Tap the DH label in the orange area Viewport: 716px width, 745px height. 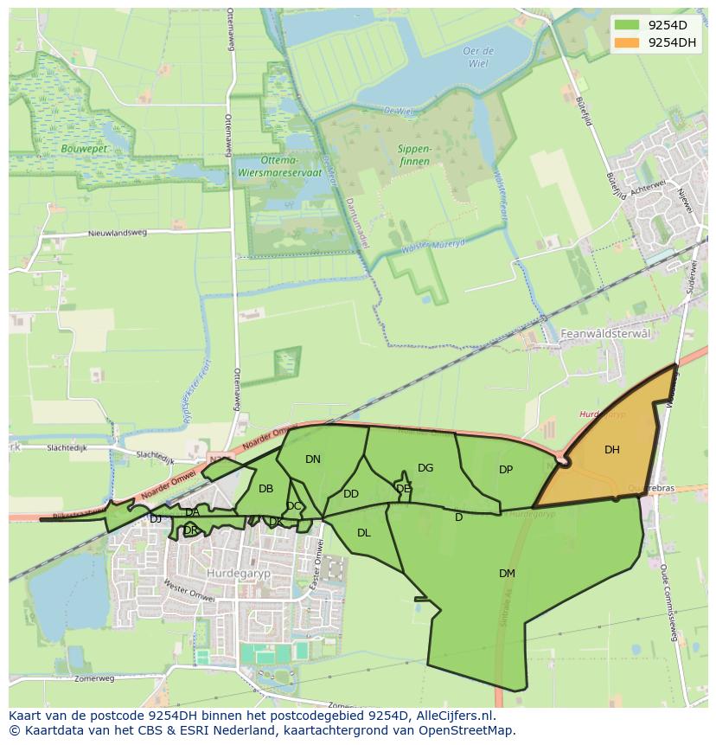point(611,450)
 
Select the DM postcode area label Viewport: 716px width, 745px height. point(507,574)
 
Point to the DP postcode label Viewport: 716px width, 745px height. point(506,470)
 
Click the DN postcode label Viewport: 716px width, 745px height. point(313,459)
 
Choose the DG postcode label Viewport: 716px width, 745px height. point(425,468)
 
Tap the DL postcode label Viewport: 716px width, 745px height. point(363,533)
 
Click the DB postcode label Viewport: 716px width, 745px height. point(265,489)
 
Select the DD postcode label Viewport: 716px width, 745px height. point(350,494)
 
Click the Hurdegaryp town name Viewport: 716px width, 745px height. point(233,573)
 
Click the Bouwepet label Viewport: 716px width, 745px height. point(83,149)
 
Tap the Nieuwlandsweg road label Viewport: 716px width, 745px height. point(118,234)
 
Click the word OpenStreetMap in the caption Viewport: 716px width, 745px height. point(466,730)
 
